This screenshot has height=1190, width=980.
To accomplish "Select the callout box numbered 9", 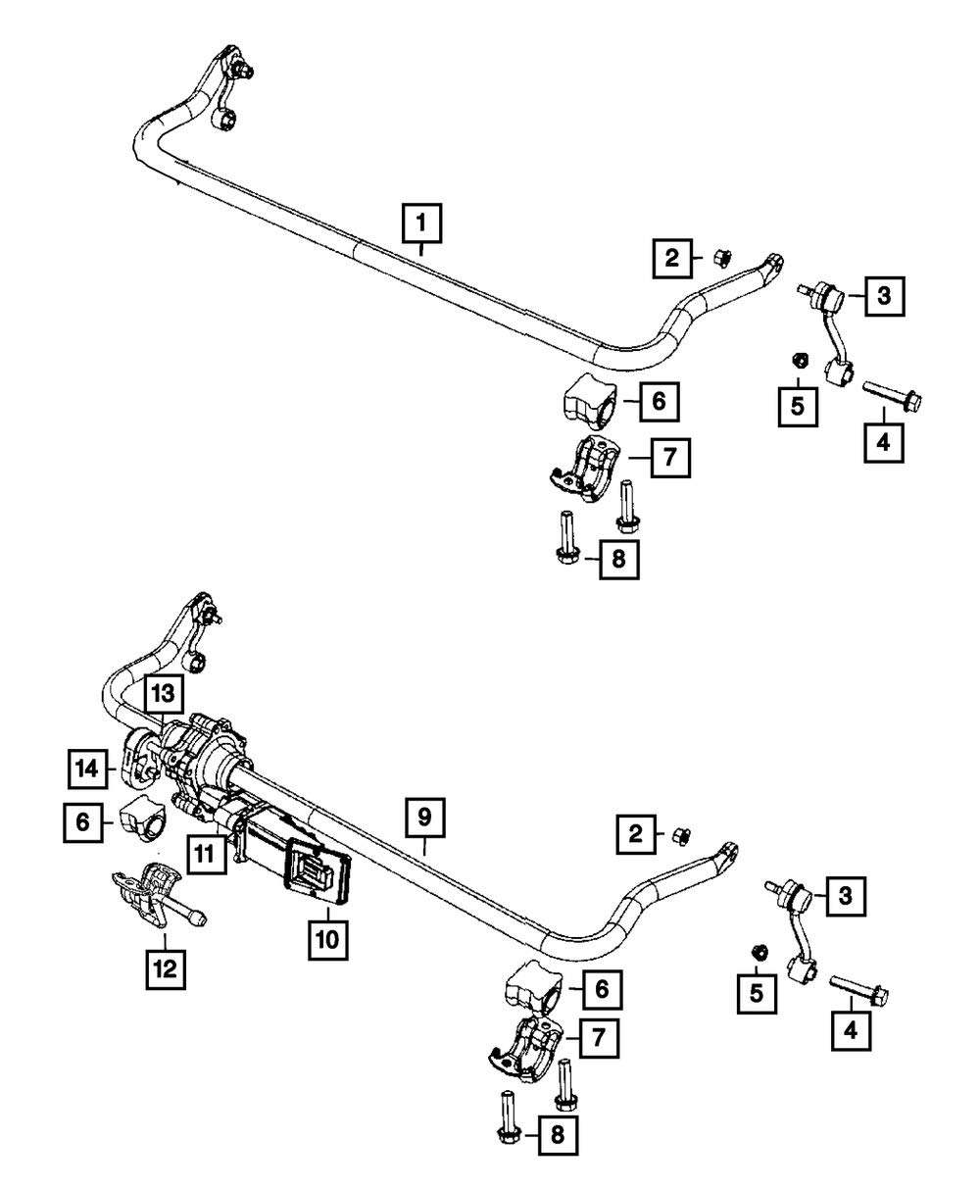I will (x=424, y=816).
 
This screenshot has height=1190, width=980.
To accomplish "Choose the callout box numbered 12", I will (x=164, y=968).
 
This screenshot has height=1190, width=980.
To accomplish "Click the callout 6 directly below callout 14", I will (x=83, y=821).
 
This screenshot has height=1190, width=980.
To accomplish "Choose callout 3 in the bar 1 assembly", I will (x=883, y=295).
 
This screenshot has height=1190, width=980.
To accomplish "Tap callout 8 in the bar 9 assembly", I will (x=556, y=1136).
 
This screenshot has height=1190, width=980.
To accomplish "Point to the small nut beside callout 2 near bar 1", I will (x=716, y=256).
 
